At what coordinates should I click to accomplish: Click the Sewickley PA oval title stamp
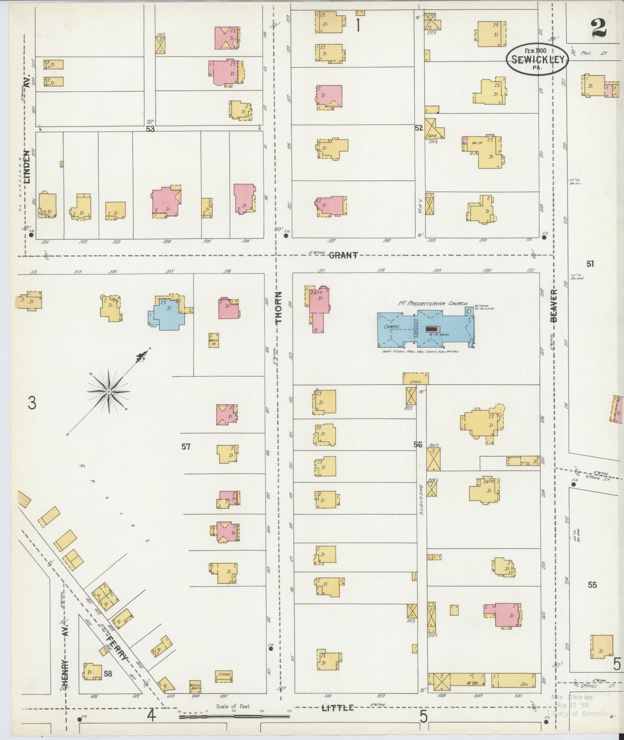537,60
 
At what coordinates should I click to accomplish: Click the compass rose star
108,391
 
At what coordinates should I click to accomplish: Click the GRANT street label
343,255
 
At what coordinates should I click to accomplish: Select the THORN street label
279,307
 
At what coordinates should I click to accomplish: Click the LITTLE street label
338,707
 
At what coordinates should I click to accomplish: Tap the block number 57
186,447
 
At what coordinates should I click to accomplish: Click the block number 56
418,444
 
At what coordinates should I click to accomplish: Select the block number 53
150,129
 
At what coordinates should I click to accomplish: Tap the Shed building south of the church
415,378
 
